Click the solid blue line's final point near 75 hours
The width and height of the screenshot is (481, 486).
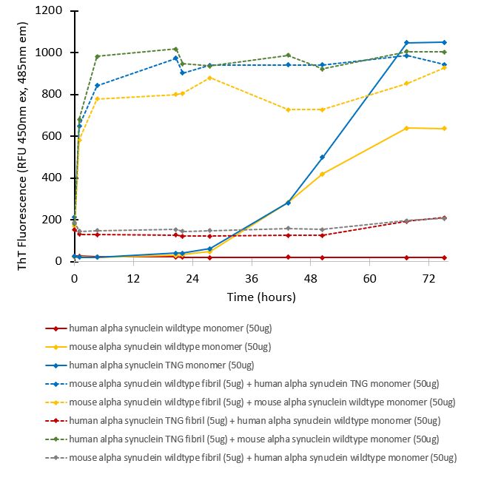(444, 42)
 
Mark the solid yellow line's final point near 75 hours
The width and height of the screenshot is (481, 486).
(444, 129)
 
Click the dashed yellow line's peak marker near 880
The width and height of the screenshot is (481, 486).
(211, 78)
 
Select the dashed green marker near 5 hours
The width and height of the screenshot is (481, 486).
(98, 56)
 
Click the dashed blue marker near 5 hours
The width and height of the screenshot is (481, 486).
(98, 85)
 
